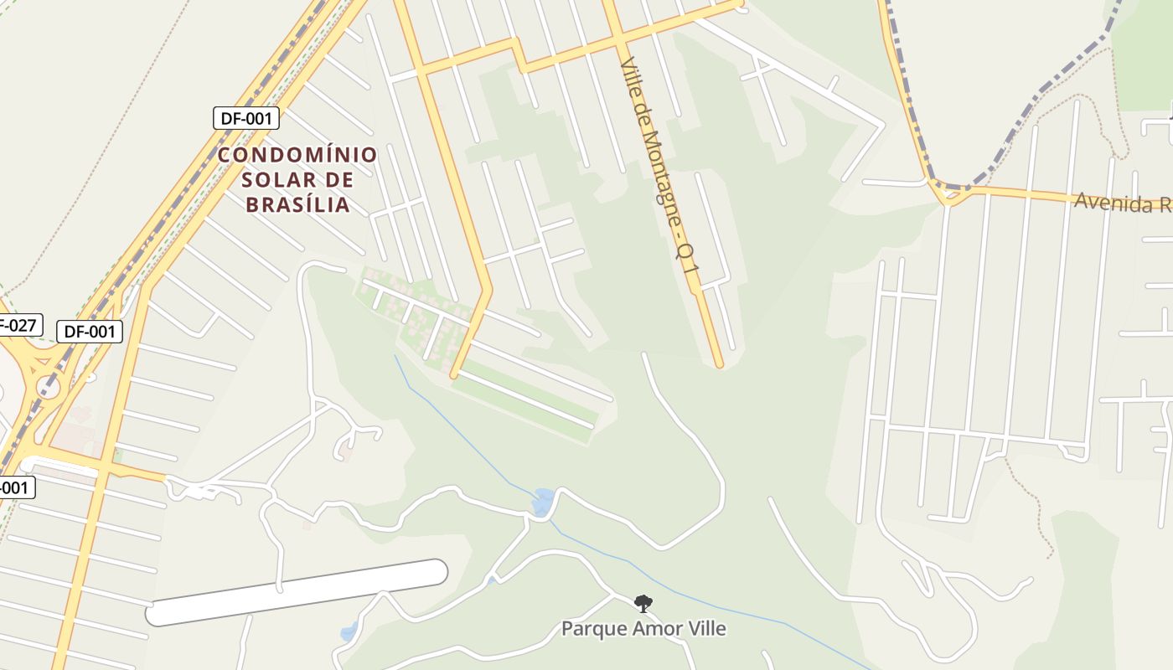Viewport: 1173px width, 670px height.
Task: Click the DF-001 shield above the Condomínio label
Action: pyautogui.click(x=245, y=118)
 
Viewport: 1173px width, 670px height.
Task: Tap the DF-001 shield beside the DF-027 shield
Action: pyautogui.click(x=90, y=332)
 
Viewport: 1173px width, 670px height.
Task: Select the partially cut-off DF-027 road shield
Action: pyautogui.click(x=18, y=325)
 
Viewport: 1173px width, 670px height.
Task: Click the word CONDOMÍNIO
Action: pyautogui.click(x=297, y=155)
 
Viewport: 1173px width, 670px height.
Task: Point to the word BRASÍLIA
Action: pyautogui.click(x=297, y=205)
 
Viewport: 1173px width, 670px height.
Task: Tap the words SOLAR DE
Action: pyautogui.click(x=297, y=180)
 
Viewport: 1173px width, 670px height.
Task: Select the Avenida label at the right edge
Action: pyautogui.click(x=1123, y=203)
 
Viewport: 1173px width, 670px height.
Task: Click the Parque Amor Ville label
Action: pyautogui.click(x=643, y=628)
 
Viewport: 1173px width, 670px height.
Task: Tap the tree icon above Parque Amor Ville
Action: pyautogui.click(x=643, y=602)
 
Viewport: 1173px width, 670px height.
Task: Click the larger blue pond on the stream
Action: pyautogui.click(x=543, y=501)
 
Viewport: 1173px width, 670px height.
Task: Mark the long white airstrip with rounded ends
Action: pyautogui.click(x=297, y=592)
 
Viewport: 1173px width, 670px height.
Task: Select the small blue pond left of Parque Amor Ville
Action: pyautogui.click(x=349, y=631)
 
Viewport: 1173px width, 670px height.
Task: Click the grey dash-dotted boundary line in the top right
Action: pyautogui.click(x=1047, y=92)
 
